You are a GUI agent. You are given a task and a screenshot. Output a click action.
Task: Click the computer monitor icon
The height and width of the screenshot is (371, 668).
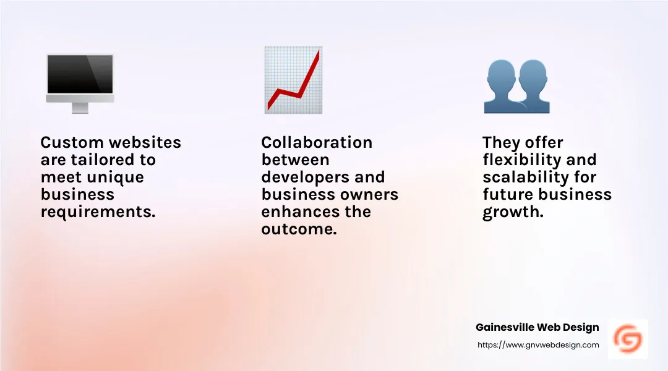[x=80, y=83]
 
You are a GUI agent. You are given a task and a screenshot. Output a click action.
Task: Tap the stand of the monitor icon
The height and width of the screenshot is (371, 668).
[x=80, y=108]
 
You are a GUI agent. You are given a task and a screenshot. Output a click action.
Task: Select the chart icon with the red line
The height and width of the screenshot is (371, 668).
[x=293, y=80]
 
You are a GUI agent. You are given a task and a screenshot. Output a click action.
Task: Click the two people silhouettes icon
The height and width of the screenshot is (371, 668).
[x=516, y=87]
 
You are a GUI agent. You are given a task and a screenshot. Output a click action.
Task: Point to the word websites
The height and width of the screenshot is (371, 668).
[x=145, y=142]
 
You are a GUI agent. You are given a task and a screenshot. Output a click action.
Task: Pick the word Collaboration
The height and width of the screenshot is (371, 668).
[x=317, y=142]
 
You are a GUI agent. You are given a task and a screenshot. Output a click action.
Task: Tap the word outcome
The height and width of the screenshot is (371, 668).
[x=299, y=229]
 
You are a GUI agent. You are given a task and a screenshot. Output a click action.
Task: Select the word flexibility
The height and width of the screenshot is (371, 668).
[x=522, y=160]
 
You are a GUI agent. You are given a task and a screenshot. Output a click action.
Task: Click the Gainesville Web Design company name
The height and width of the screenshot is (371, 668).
[x=537, y=327]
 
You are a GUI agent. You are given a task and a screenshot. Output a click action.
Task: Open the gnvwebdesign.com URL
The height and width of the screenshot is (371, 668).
[x=538, y=345]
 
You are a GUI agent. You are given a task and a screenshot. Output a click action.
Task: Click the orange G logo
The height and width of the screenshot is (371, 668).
[x=628, y=339]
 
